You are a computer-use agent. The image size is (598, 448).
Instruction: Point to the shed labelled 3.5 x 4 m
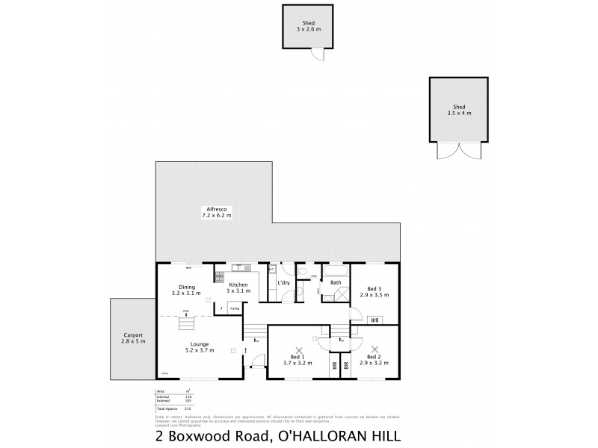458,108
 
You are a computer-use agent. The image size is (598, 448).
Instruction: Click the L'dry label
283,283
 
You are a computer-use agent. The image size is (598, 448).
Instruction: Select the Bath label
336,282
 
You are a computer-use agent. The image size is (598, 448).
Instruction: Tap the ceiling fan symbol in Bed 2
374,349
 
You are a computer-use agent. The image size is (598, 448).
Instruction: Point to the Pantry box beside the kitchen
234,308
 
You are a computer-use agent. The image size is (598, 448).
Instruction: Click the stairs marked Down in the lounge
186,323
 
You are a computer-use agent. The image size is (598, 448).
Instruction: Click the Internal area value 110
189,396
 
